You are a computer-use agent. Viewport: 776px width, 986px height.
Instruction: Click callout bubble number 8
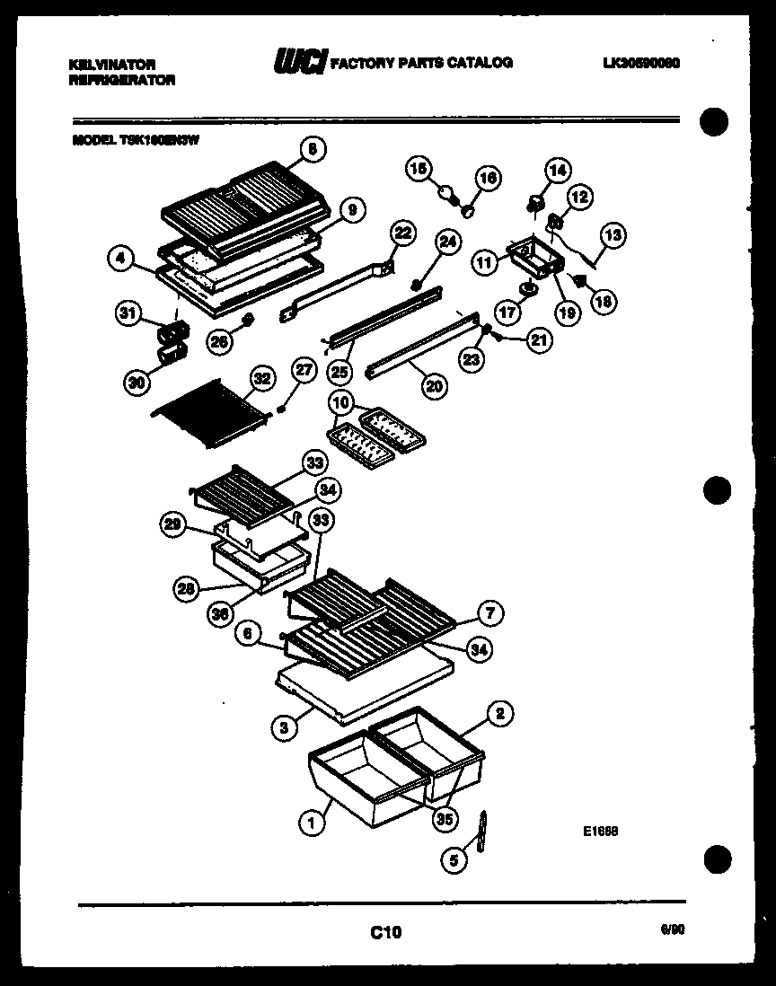click(x=312, y=150)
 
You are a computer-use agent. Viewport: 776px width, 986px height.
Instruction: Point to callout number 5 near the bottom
click(x=454, y=859)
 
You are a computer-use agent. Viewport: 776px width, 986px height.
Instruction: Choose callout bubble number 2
click(x=500, y=715)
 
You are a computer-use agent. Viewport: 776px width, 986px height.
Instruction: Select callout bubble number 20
click(x=434, y=385)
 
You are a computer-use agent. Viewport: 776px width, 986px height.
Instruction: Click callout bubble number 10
click(x=341, y=401)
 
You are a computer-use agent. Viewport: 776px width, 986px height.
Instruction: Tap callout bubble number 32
click(x=261, y=378)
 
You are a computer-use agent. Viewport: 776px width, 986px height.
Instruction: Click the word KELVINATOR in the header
click(x=112, y=65)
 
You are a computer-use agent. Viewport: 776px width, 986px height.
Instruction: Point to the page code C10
click(x=386, y=933)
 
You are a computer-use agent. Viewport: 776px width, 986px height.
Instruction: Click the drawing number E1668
click(x=599, y=832)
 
